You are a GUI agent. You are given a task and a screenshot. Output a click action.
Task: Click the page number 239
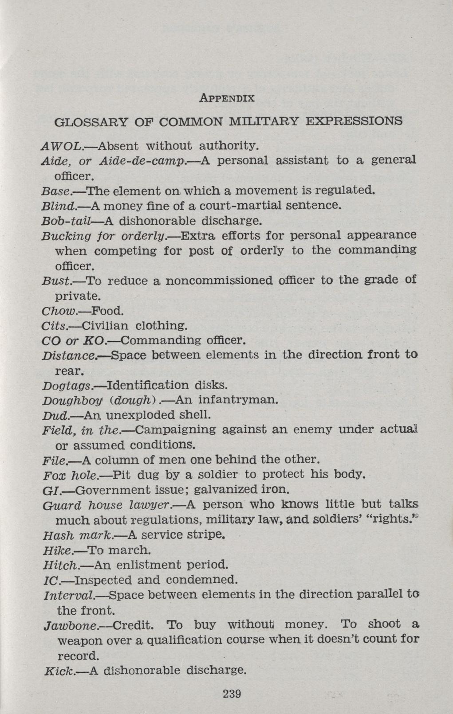pyautogui.click(x=232, y=693)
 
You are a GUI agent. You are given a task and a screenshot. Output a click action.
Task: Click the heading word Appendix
pyautogui.click(x=226, y=98)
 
